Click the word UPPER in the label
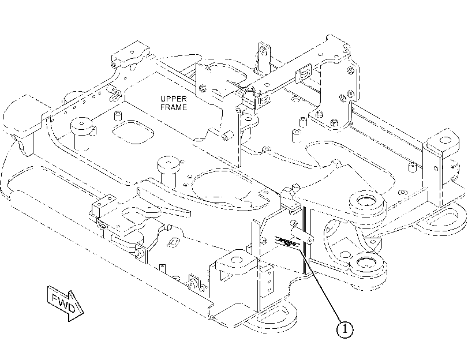point(174,99)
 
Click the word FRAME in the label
point(174,107)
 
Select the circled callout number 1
point(345,329)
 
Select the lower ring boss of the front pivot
point(368,264)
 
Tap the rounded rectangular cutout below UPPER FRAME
point(133,132)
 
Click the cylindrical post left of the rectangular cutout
point(82,128)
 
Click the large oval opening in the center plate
point(227,187)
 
